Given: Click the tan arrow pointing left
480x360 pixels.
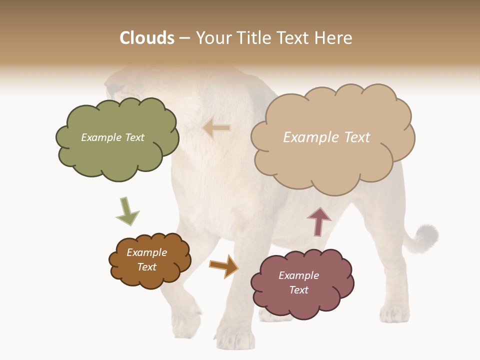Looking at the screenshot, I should (x=216, y=128).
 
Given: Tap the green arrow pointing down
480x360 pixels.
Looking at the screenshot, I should (x=126, y=211).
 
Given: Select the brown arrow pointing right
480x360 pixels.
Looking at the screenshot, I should (x=223, y=265).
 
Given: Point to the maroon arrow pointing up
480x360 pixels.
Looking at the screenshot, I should (x=319, y=221).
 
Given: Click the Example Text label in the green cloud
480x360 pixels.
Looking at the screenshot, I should (x=112, y=137).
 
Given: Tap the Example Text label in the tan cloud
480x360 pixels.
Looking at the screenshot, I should (x=326, y=137).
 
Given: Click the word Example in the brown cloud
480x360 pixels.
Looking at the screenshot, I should (x=146, y=252).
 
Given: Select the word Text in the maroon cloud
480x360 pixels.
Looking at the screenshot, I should (x=298, y=290).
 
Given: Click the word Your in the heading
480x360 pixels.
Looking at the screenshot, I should (x=213, y=38).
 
